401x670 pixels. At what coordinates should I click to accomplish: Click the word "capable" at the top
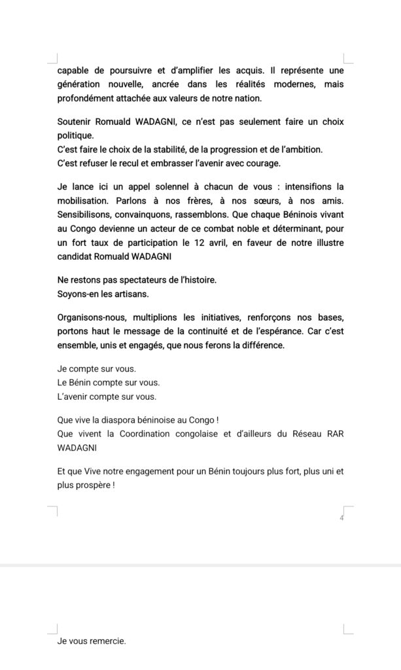click(73, 71)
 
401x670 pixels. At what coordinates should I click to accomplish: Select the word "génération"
click(81, 84)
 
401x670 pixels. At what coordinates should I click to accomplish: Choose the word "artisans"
click(125, 293)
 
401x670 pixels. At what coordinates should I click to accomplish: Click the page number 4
click(341, 518)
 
